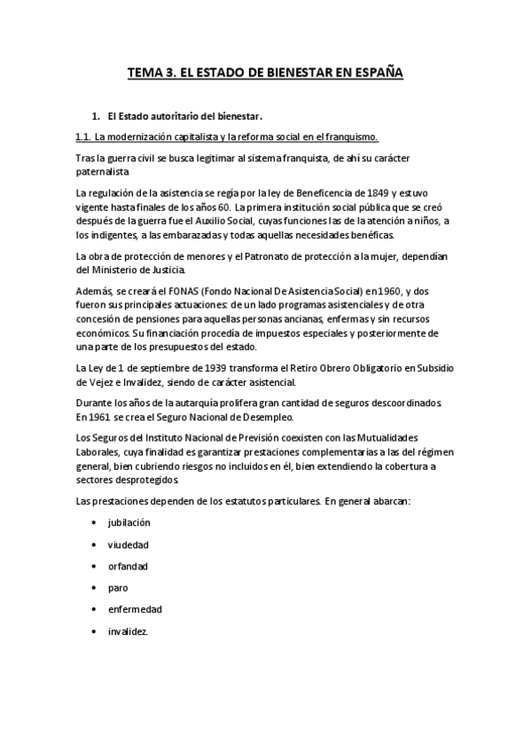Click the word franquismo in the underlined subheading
click(x=345, y=137)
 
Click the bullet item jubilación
click(x=129, y=523)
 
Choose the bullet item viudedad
click(x=128, y=544)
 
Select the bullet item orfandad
click(x=128, y=566)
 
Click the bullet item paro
click(x=117, y=588)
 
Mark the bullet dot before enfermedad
click(x=94, y=609)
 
